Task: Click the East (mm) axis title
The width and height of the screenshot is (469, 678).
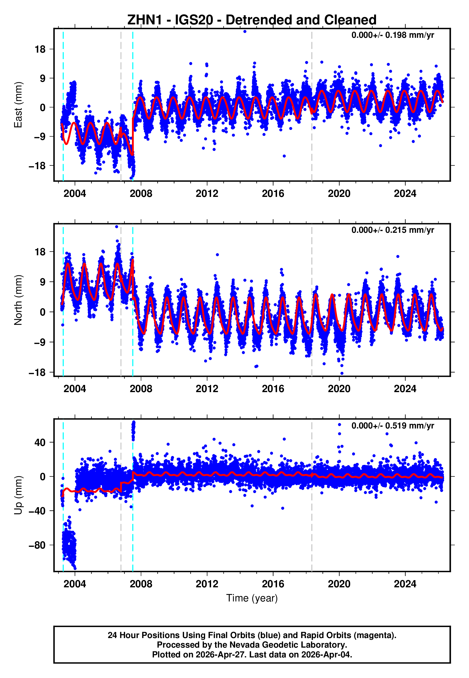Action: [18, 105]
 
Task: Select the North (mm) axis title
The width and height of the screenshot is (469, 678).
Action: [18, 300]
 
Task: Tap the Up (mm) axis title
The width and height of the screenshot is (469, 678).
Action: [18, 495]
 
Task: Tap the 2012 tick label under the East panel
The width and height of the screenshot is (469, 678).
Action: [207, 194]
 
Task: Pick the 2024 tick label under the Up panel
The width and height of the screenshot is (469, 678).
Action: [405, 584]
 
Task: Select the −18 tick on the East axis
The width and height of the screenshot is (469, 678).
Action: [37, 166]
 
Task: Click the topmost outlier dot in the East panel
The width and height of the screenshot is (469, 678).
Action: [245, 31]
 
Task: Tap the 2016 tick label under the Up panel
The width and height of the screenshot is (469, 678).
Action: [273, 584]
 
